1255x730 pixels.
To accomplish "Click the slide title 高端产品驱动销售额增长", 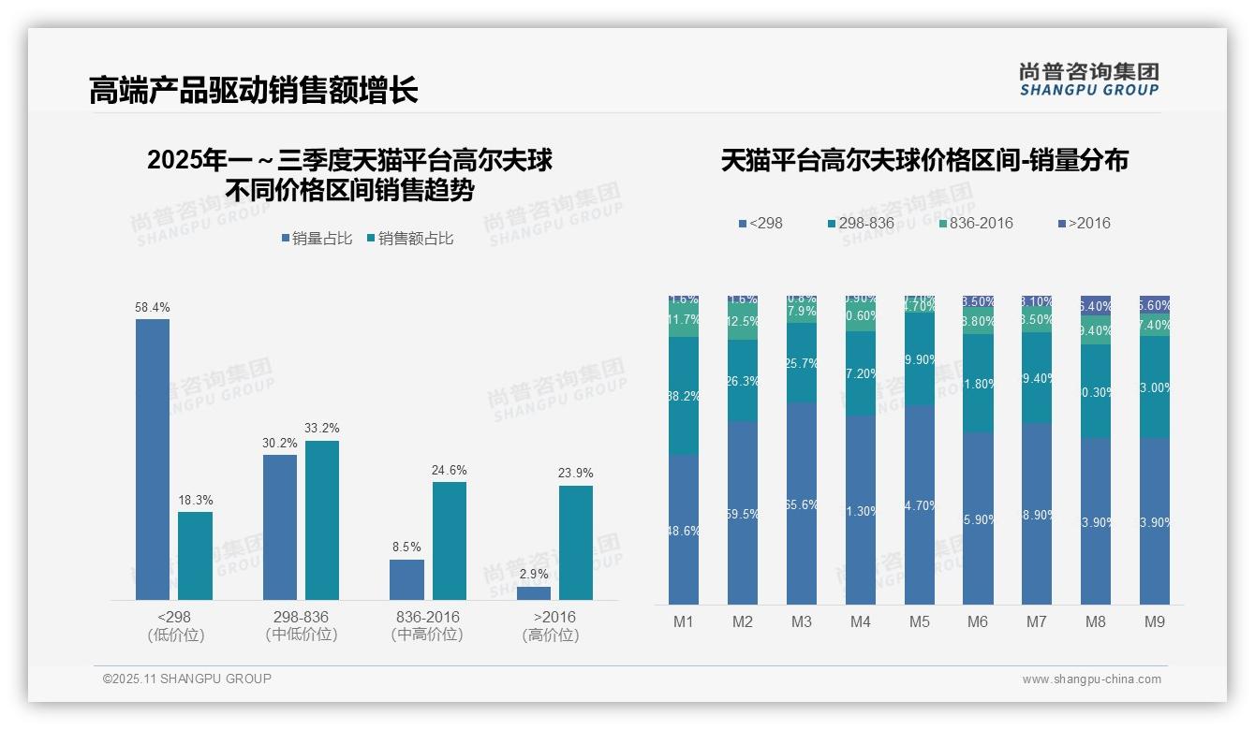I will pos(253,90).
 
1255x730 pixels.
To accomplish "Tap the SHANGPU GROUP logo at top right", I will pos(1088,80).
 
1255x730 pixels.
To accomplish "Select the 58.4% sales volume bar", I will pos(153,459).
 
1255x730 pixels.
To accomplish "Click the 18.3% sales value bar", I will pos(195,555).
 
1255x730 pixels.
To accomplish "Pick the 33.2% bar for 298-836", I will pos(322,519).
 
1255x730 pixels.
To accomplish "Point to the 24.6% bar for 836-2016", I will pos(450,540).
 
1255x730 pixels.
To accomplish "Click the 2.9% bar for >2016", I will pos(534,592).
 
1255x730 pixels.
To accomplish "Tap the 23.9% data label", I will pos(576,473).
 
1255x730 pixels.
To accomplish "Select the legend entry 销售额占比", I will pos(416,239).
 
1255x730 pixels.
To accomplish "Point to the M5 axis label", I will pos(919,621).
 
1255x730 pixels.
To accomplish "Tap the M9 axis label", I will pos(1155,621).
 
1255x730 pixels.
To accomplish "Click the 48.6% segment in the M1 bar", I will pos(684,530).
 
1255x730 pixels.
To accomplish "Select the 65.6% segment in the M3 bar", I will pos(802,504).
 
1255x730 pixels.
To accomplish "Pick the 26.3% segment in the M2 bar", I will pos(743,381).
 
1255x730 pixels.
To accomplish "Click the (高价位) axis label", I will pos(551,635).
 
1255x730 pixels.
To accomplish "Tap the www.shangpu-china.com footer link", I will pos(1091,679).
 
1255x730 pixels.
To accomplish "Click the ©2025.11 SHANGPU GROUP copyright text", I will pos(187,679).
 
